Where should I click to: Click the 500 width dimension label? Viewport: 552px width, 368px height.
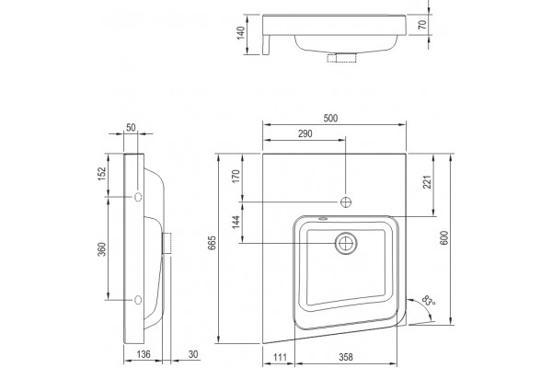pos(330,118)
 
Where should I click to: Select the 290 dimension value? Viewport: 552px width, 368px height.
pos(305,133)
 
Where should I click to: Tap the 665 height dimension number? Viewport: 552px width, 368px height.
pos(213,243)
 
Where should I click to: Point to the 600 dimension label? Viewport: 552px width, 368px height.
pos(444,238)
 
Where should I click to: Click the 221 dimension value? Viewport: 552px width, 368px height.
pos(427,182)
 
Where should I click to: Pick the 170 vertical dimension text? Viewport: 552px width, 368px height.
pos(236,176)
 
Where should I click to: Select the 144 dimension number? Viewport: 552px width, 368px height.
pos(236,222)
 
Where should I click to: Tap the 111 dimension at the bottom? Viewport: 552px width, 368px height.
pos(280,357)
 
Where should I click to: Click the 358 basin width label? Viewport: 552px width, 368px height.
pos(346,357)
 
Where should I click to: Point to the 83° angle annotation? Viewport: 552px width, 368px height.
pos(429,301)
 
